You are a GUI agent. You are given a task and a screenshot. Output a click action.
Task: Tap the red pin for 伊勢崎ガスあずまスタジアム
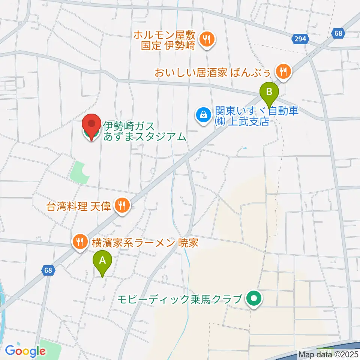pos(92,126)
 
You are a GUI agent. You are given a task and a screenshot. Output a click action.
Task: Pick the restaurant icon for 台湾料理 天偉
pos(122,205)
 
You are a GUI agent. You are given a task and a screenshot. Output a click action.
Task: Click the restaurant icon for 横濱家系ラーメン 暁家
pos(79,241)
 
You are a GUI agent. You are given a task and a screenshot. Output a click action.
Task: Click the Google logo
pos(25,351)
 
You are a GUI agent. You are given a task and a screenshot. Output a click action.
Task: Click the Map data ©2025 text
pos(328,354)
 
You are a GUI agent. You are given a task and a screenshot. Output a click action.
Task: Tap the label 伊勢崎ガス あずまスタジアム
pos(145,131)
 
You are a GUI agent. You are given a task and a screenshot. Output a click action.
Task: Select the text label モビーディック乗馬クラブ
pos(179,299)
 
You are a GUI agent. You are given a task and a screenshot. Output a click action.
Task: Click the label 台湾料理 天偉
pos(78,206)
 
